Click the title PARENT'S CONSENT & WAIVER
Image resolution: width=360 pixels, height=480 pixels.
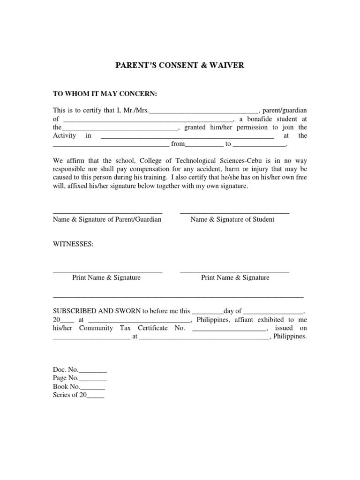click(x=180, y=65)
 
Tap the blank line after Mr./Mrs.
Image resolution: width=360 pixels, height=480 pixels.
click(x=203, y=112)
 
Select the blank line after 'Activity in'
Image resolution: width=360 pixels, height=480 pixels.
click(x=187, y=137)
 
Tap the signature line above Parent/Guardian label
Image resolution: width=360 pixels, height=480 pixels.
click(x=107, y=212)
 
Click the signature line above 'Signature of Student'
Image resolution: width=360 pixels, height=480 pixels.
click(x=234, y=212)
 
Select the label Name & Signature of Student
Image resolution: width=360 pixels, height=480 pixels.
click(x=232, y=219)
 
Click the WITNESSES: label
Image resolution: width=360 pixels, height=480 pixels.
click(x=73, y=245)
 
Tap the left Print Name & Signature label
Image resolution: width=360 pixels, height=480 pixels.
click(x=106, y=277)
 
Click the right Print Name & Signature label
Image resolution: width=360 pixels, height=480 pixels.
click(x=235, y=277)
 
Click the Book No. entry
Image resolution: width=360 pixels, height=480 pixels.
click(x=79, y=387)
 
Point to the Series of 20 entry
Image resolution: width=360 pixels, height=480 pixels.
click(x=79, y=395)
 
